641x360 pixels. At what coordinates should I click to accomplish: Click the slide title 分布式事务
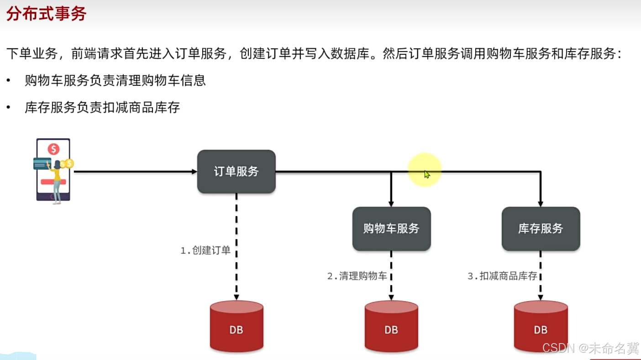(46, 14)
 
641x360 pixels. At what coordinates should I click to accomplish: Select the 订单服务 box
(236, 172)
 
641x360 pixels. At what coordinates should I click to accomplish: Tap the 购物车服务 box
(391, 229)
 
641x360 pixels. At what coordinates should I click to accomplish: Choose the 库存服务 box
(541, 229)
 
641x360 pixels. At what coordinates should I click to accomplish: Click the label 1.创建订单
(205, 250)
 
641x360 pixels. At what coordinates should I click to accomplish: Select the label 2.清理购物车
(357, 276)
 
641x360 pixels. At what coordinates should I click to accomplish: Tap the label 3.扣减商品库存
(502, 276)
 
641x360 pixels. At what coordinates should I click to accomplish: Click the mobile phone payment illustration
(53, 170)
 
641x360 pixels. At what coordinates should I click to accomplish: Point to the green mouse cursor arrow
(427, 174)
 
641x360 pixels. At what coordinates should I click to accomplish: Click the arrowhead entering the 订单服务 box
(194, 172)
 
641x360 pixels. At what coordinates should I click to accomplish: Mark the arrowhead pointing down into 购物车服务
(391, 204)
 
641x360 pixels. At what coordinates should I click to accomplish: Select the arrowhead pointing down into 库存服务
(541, 204)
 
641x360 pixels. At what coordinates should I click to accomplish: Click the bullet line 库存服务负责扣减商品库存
(102, 108)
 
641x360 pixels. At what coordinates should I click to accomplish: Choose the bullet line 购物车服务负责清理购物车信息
(115, 81)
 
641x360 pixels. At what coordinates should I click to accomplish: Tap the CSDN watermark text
(590, 348)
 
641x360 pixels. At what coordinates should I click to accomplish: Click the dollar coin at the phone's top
(54, 149)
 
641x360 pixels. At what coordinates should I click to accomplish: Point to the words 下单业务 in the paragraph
(32, 53)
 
